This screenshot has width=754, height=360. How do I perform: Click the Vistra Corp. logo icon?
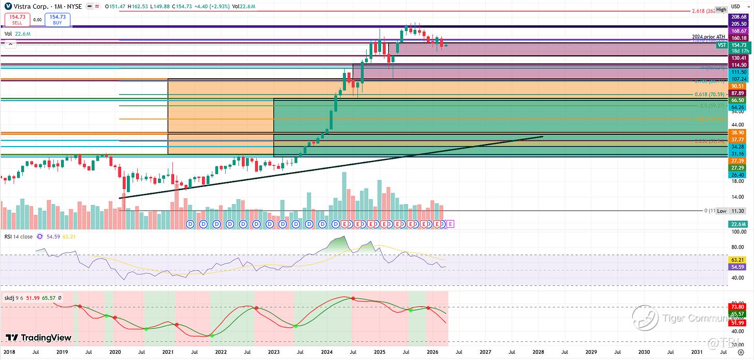(x=9, y=6)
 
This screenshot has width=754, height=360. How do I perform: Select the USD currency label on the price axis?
(x=735, y=6)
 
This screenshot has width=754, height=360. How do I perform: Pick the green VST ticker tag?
(x=721, y=46)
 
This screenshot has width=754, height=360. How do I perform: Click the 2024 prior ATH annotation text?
(x=708, y=37)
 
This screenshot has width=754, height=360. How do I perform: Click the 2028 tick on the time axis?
(x=538, y=352)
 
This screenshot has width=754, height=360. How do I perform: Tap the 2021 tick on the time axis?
(x=168, y=352)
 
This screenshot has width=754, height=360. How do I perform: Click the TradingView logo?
(x=39, y=338)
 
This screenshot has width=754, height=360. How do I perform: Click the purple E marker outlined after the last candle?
(x=450, y=224)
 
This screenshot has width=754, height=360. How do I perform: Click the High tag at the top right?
(x=736, y=9)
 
